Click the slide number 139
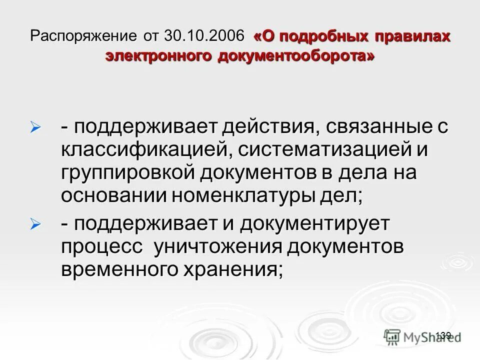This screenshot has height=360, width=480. tap(443, 335)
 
